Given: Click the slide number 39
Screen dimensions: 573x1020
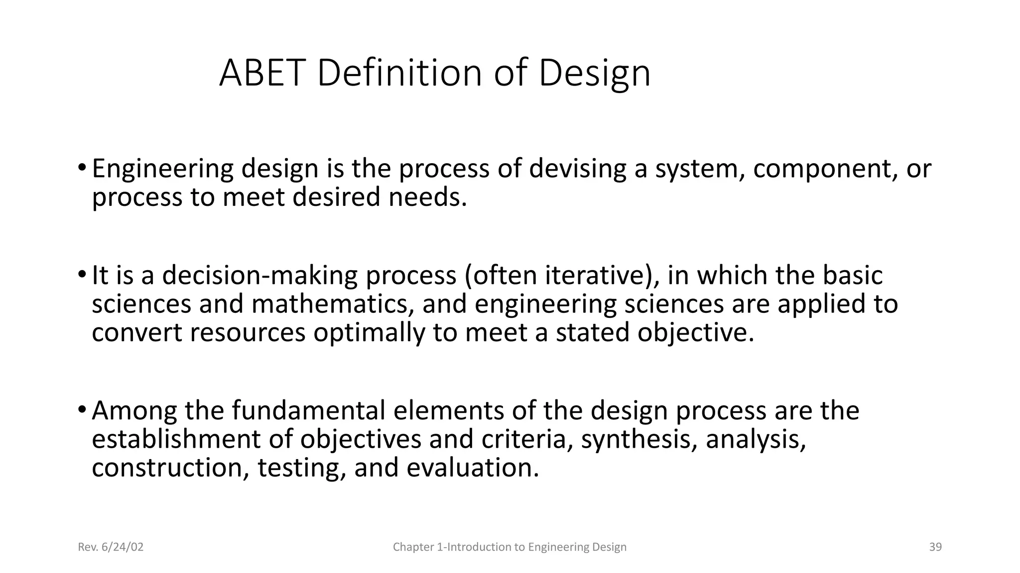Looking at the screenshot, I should [x=935, y=547].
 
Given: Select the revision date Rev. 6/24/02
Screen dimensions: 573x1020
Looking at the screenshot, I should [x=111, y=547].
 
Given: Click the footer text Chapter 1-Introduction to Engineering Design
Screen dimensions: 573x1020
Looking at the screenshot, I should [x=510, y=547].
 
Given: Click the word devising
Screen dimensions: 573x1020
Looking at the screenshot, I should [x=578, y=169].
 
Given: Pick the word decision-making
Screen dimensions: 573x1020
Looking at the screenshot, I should [x=259, y=276].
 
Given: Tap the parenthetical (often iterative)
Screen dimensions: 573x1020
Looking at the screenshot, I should [x=562, y=276].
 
